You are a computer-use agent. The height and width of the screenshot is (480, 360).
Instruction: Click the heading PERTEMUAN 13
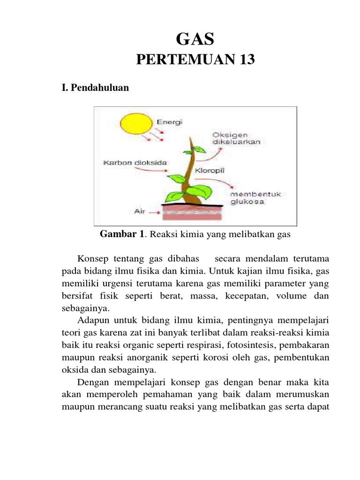point(195,60)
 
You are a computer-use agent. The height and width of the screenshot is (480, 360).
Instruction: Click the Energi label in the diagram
point(170,121)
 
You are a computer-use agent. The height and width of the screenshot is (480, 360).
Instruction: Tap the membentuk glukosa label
point(255,198)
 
